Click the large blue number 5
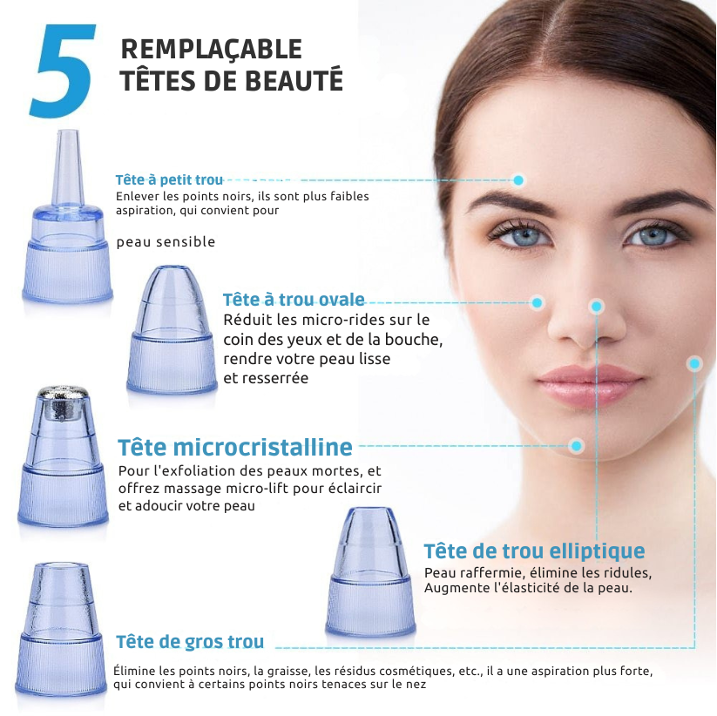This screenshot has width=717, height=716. [63, 71]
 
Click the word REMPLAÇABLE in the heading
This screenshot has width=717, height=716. [211, 50]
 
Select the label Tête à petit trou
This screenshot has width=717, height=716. [169, 179]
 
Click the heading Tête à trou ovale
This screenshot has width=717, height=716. [294, 300]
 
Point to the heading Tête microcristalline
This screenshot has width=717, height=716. [235, 447]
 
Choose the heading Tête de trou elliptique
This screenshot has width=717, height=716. [534, 551]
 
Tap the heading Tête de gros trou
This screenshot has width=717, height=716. [190, 641]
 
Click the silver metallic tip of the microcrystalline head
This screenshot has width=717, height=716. [63, 402]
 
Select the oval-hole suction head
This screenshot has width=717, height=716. [172, 329]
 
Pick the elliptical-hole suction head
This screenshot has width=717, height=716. [370, 571]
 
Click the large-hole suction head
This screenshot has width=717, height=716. [60, 630]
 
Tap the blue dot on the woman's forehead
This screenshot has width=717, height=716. [518, 180]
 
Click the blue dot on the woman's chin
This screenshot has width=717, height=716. [577, 446]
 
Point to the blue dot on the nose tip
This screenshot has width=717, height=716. [596, 307]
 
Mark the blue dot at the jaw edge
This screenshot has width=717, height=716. [694, 364]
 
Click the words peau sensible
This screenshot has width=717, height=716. [166, 242]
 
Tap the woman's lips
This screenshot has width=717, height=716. [590, 384]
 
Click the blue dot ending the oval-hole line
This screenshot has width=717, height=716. [538, 302]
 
